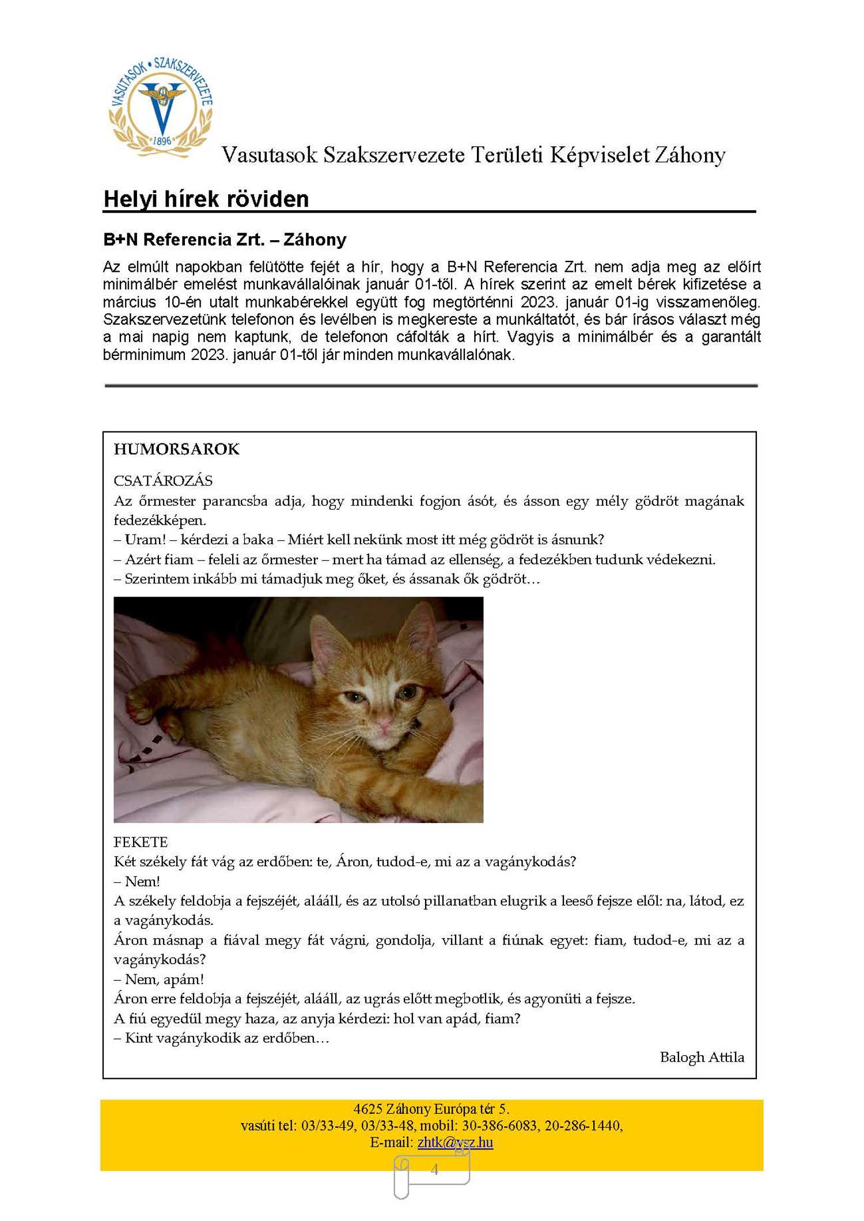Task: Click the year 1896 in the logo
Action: [x=162, y=141]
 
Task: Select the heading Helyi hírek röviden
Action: [x=206, y=199]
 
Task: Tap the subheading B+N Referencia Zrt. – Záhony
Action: [x=225, y=240]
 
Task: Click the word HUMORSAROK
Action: [x=176, y=449]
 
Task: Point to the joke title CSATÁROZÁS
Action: [x=163, y=480]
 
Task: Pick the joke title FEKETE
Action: [x=141, y=842]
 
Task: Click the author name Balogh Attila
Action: [x=702, y=1057]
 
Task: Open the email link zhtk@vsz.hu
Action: [x=455, y=1142]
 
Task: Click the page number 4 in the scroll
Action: [x=434, y=1169]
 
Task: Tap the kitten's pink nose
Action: [x=382, y=721]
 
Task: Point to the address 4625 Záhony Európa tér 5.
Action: [x=431, y=1109]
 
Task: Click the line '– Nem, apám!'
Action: [x=158, y=979]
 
